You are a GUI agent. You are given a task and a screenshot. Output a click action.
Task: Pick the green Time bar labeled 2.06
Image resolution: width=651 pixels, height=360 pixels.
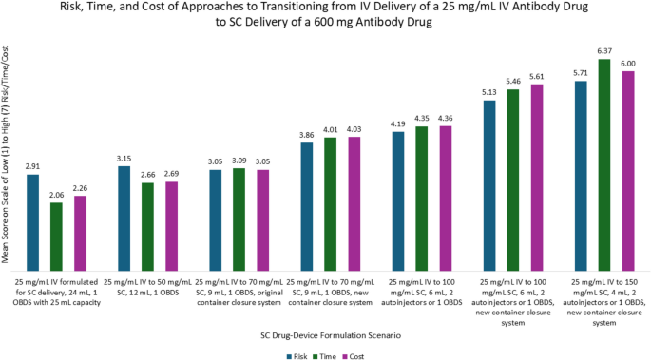point(56,237)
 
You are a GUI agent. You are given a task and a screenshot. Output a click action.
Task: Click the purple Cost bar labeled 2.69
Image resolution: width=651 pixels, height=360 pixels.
point(171,227)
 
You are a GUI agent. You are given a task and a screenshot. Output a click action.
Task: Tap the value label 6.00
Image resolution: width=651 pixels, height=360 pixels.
point(627,64)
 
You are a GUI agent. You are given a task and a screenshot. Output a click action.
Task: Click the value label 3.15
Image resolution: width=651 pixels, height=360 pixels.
point(124,159)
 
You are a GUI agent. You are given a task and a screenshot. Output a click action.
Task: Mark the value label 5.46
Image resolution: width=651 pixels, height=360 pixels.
point(513,82)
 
